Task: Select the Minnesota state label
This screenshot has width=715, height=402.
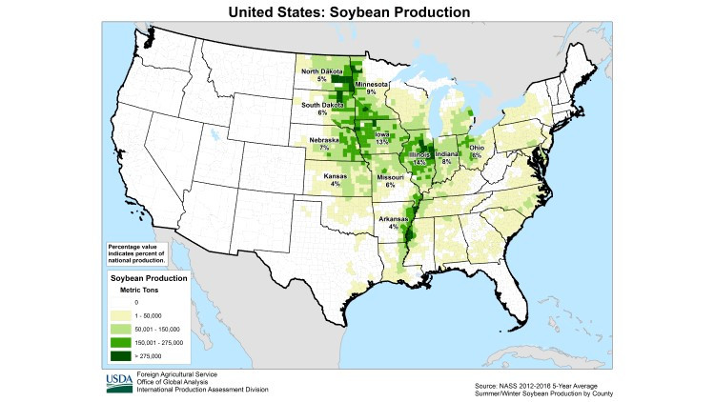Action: [x=372, y=84]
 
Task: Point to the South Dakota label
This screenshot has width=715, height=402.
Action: [x=323, y=105]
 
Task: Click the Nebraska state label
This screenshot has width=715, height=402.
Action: [x=324, y=141]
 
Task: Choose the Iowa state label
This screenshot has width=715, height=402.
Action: [x=381, y=135]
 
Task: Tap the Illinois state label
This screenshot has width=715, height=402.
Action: [x=419, y=155]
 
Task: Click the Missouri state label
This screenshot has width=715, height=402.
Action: [x=390, y=177]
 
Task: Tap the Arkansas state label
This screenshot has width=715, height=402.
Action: [x=393, y=219]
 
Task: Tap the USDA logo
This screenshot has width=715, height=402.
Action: [x=121, y=383]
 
